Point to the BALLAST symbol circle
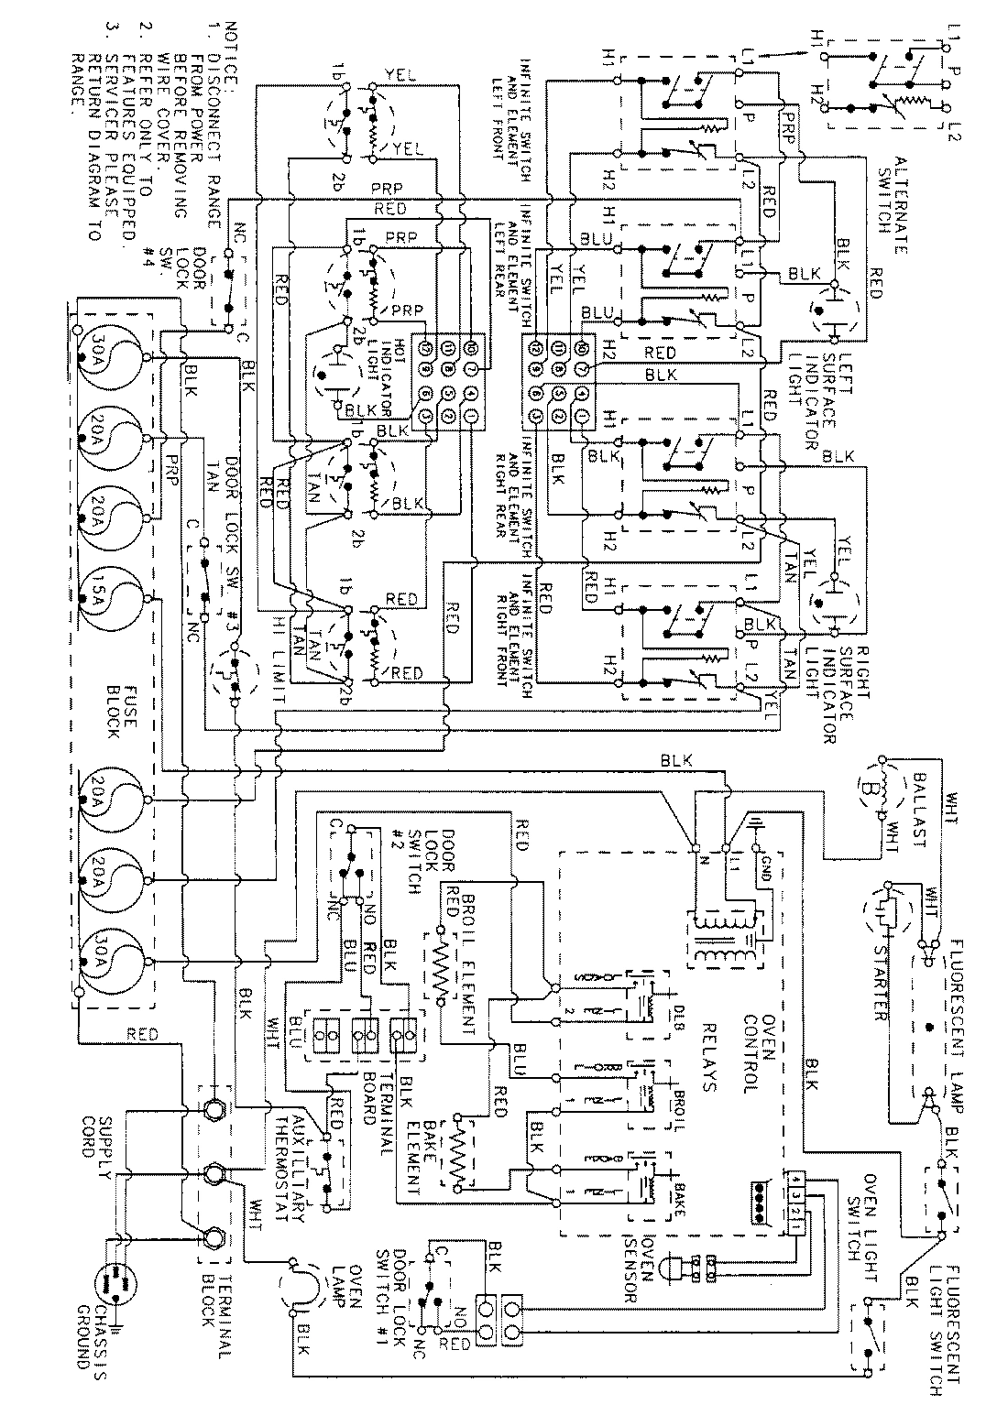[869, 787]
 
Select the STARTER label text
[877, 979]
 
